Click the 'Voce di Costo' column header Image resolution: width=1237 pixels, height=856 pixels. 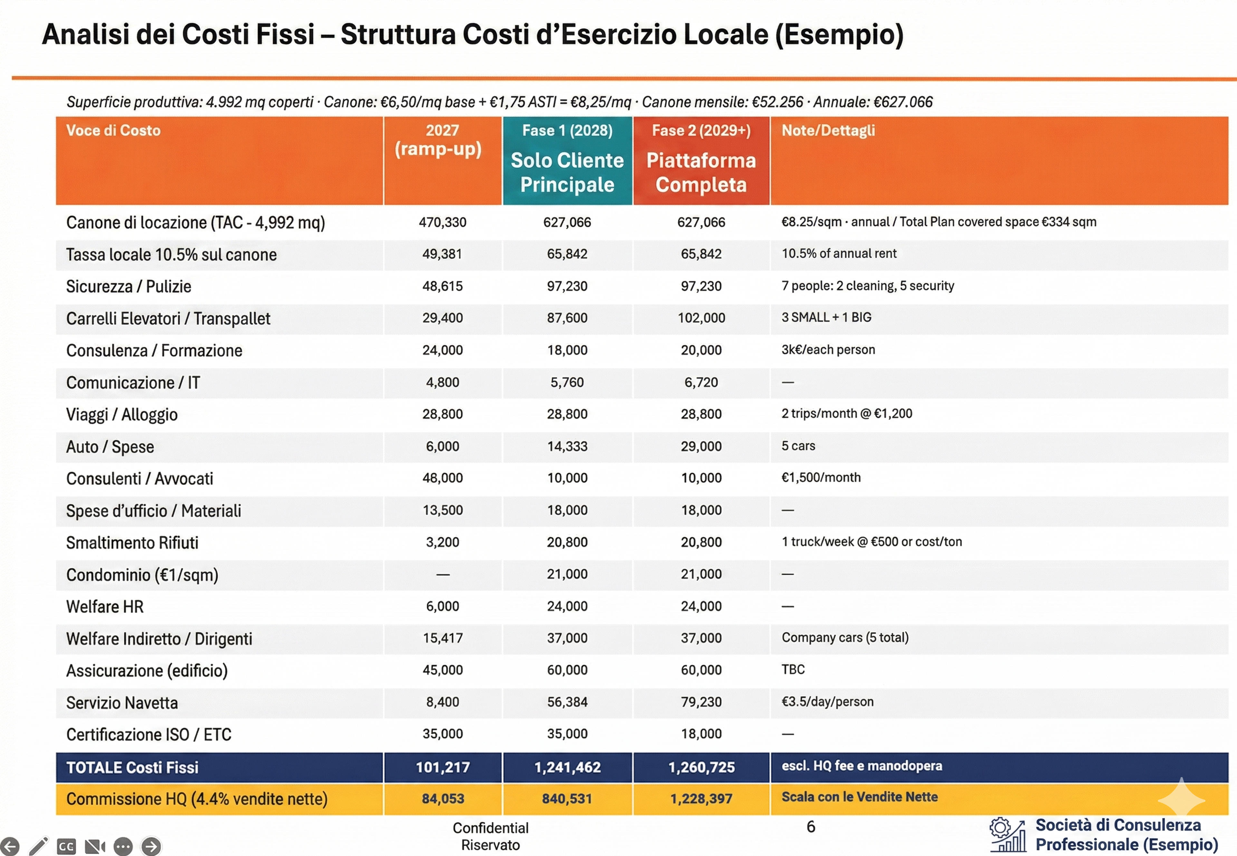click(113, 130)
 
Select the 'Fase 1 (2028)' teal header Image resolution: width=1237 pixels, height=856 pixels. click(567, 130)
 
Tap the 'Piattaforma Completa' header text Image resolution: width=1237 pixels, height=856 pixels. click(701, 172)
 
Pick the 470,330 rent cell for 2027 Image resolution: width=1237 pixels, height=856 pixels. click(443, 222)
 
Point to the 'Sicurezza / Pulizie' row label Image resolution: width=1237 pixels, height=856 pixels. click(129, 286)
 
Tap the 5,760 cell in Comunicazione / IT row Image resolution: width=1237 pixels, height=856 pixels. click(567, 382)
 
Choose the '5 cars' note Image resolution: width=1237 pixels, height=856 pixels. click(798, 446)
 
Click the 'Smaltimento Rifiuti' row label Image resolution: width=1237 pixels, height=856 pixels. click(132, 543)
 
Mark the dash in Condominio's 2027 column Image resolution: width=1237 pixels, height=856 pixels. click(443, 575)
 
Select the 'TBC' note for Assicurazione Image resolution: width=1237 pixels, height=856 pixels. click(793, 669)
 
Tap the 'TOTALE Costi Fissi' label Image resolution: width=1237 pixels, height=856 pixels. click(132, 767)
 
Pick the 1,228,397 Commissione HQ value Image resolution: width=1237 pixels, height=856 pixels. click(701, 799)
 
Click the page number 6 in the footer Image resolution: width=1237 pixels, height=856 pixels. click(810, 826)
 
